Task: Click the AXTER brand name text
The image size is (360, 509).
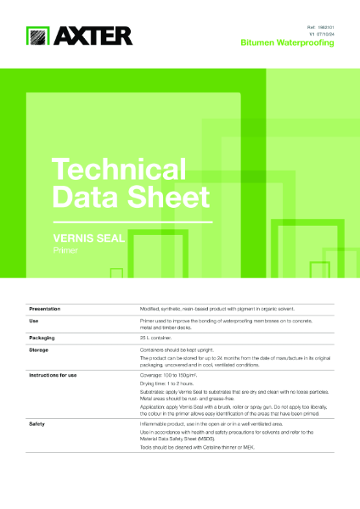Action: pos(93,36)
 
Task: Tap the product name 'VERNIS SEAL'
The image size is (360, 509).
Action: pos(89,239)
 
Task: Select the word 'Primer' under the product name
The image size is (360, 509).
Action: pos(65,251)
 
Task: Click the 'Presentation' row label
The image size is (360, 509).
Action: pos(49,309)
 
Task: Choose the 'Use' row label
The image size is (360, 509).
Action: pos(35,322)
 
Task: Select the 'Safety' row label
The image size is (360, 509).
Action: pos(37,422)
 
